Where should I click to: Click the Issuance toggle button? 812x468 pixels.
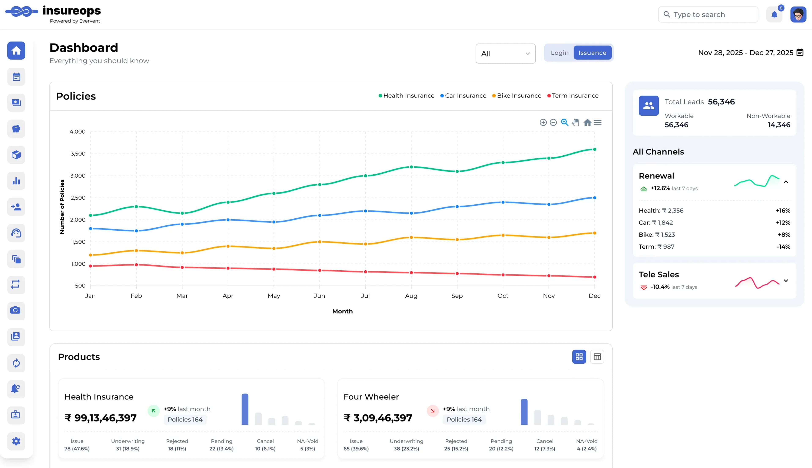coord(592,53)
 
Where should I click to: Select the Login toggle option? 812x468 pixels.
coord(559,53)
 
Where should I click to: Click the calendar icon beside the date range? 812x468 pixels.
coord(800,52)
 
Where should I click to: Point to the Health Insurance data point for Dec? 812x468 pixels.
coord(594,149)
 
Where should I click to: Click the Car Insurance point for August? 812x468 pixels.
coord(411,213)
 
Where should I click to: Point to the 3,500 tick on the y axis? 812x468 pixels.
coord(78,154)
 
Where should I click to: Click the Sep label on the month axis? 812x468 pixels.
coord(457,296)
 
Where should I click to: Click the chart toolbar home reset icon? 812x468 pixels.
coord(587,122)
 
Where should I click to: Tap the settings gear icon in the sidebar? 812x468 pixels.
coord(16,441)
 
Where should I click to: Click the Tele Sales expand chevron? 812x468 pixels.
coord(786,281)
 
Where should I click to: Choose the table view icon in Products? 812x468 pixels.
coord(597,357)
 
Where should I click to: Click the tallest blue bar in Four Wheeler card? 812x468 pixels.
coord(524,412)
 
